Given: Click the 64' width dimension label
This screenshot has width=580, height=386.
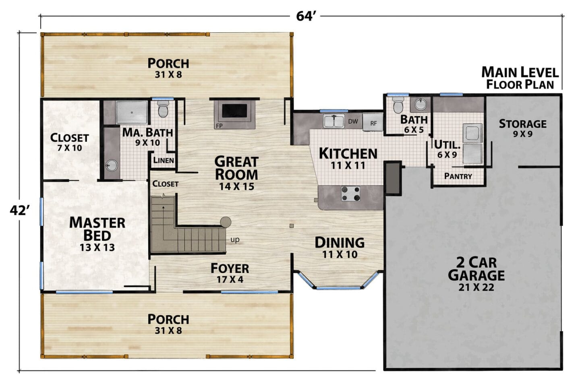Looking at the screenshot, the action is (x=306, y=16).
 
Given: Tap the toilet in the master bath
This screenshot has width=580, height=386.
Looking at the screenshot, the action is (x=163, y=109).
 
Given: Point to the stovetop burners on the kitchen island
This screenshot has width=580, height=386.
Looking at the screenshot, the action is (x=350, y=194).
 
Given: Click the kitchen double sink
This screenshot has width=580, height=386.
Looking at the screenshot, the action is (x=334, y=121).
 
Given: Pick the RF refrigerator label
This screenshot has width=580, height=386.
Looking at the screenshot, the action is (x=374, y=124).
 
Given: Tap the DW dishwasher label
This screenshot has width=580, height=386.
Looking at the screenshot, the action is (x=353, y=121).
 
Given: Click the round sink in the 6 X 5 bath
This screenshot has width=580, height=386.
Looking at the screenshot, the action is (x=420, y=104).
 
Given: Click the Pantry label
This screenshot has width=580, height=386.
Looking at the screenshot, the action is (x=458, y=176).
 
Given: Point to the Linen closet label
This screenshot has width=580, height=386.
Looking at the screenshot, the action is (x=164, y=160).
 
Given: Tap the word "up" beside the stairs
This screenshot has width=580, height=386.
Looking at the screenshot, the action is (x=235, y=240).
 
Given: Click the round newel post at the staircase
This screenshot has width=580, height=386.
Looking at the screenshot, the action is (x=226, y=222).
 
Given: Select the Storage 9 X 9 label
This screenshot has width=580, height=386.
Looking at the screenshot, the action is (x=523, y=128).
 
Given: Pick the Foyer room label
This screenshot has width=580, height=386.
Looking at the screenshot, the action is (x=230, y=272).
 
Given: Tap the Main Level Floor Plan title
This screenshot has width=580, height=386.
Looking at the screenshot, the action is (x=520, y=78).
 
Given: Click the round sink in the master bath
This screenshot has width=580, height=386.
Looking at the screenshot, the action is (x=112, y=165).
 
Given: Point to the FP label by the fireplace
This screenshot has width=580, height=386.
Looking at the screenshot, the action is (x=219, y=126).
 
